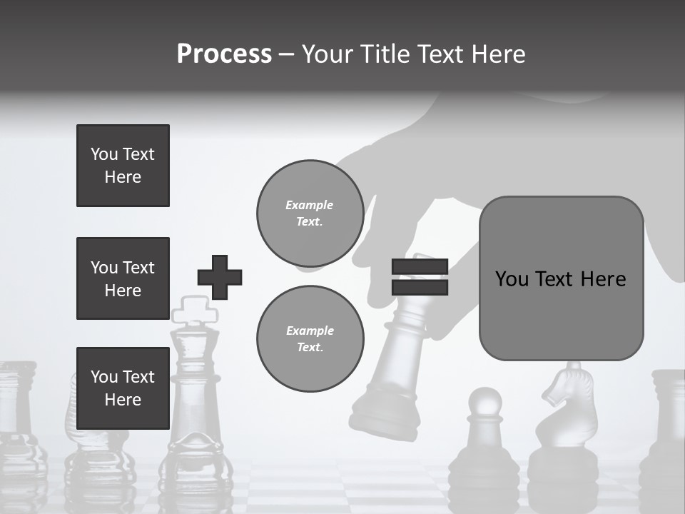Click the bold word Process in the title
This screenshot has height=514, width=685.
(224, 54)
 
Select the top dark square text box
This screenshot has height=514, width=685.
(123, 166)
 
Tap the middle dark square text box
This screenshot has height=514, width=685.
(123, 278)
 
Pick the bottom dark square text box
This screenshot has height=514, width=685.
(123, 388)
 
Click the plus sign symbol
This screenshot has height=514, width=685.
(220, 277)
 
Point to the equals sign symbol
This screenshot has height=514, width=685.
(420, 277)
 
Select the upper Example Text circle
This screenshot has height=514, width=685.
(310, 213)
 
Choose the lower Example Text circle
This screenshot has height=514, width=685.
(310, 339)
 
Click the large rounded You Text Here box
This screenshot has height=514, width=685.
(561, 278)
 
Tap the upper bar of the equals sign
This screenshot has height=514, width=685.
(420, 267)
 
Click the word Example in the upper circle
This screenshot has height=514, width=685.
(310, 205)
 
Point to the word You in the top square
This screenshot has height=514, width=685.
(104, 154)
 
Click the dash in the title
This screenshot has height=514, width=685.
(287, 54)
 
